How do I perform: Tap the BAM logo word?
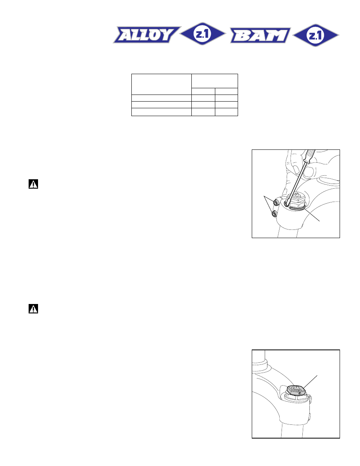pyautogui.click(x=260, y=35)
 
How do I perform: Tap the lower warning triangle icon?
pyautogui.click(x=33, y=309)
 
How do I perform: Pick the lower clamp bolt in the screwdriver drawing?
pyautogui.click(x=274, y=214)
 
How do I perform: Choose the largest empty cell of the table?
pyautogui.click(x=161, y=84)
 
